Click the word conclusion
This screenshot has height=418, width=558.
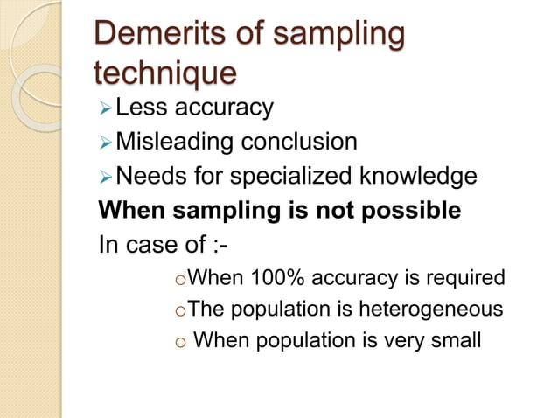coord(303,142)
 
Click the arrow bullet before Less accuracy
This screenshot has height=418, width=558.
coord(105,108)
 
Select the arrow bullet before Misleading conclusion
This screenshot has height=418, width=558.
coord(105,143)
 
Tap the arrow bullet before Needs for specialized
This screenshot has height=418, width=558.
coord(105,177)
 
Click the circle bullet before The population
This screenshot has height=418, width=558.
coord(180,310)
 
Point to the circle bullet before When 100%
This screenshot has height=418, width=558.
coord(180,281)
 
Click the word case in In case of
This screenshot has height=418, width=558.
coord(162,244)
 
